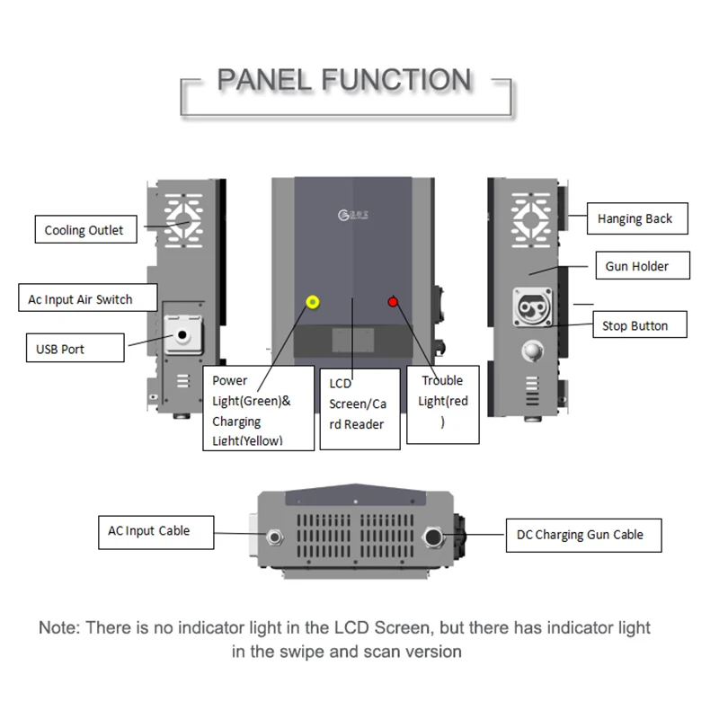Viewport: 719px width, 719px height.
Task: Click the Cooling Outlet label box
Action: point(84,230)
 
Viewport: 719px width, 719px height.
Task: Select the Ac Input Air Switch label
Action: point(86,299)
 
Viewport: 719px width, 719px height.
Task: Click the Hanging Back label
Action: point(635,218)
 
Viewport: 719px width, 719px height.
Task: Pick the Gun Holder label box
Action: point(636,267)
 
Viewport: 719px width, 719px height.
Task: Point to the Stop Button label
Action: point(635,325)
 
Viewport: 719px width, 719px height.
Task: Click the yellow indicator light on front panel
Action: point(313,302)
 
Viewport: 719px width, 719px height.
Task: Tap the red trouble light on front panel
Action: point(393,302)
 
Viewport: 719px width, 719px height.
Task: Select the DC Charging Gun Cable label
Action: point(580,535)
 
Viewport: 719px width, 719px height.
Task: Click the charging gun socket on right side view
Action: point(530,306)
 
